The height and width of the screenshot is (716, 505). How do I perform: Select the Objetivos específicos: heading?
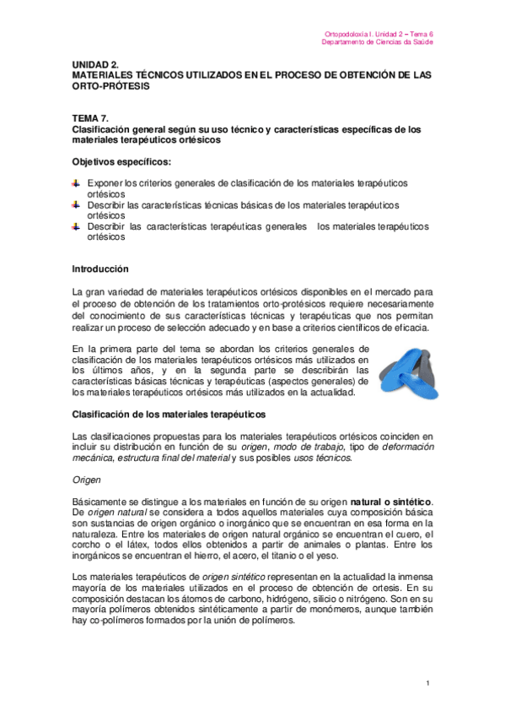121,161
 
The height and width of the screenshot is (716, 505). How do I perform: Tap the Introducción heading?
100,269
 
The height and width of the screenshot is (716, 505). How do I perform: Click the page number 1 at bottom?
428,683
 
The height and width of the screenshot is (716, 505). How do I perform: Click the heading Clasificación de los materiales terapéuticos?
169,415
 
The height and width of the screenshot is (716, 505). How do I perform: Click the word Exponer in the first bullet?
105,183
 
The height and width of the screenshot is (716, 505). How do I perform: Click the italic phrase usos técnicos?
318,458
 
